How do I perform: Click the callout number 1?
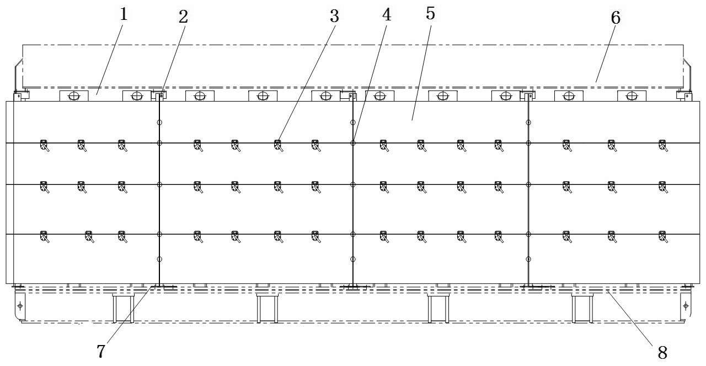pos(124,14)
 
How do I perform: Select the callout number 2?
pos(183,17)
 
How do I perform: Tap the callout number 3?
pos(334,17)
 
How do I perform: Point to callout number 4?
pos(387,15)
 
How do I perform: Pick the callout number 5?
pos(430,13)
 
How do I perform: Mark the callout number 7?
pos(101,350)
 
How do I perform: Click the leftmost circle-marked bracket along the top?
pos(73,96)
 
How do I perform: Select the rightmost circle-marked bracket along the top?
pos(632,96)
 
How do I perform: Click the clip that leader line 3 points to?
pos(278,145)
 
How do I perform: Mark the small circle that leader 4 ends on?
pos(353,143)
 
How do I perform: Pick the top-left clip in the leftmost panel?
pos(44,145)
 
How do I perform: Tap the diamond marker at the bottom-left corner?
pos(20,306)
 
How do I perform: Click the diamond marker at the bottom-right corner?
pos(686,306)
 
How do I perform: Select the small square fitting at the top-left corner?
pos(18,96)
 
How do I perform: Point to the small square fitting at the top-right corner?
pos(684,96)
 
